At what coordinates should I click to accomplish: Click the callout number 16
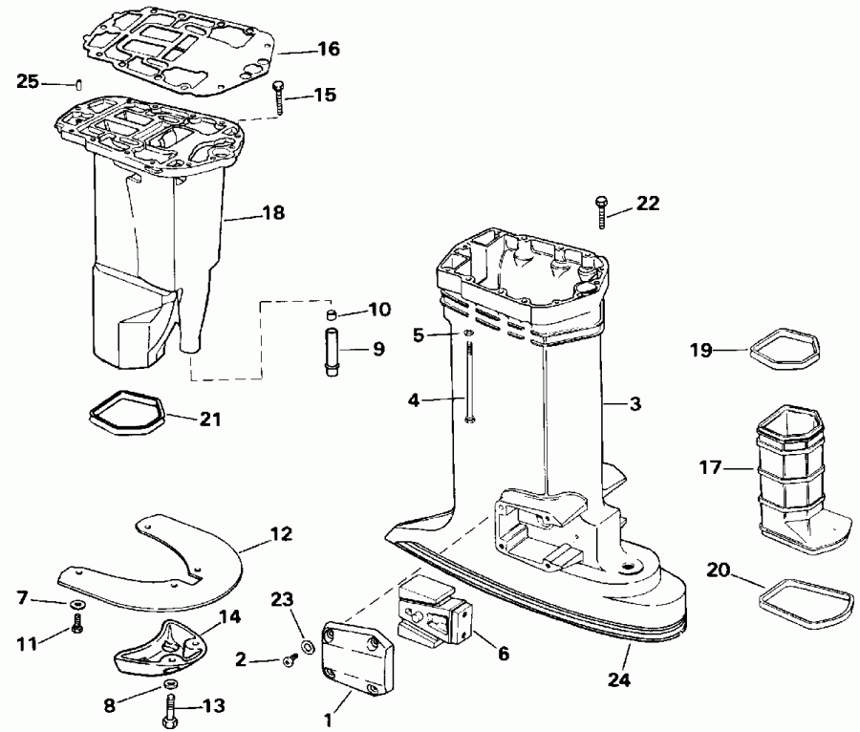[328, 49]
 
